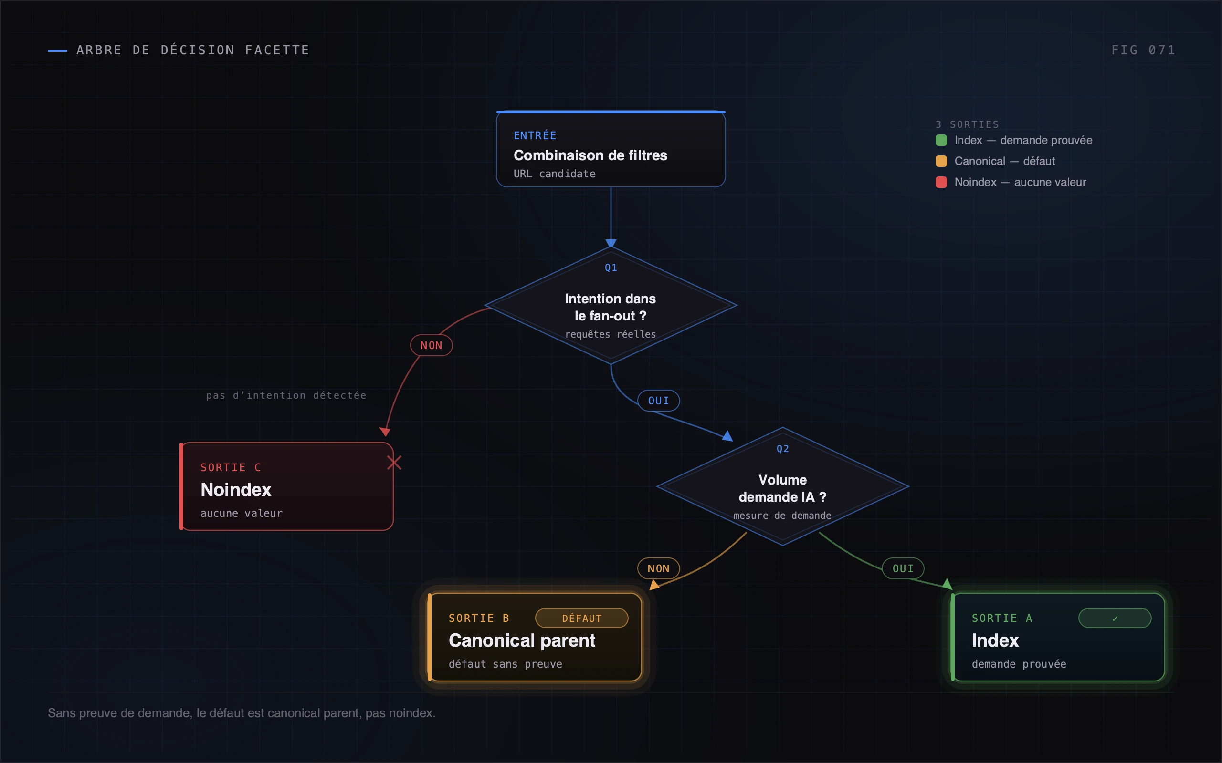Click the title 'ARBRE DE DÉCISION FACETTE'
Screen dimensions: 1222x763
coord(192,50)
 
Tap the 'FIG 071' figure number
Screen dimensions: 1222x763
coord(1143,50)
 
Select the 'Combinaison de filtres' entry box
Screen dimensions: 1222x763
coord(611,149)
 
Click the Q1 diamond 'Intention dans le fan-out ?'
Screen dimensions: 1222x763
coord(611,305)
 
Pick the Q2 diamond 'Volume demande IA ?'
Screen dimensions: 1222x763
coord(783,486)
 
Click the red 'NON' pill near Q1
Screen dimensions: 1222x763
coord(431,345)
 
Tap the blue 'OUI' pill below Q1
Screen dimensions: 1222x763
coord(658,401)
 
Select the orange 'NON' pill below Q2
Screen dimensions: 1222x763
coord(658,568)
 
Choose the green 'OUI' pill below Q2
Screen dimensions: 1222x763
coord(903,568)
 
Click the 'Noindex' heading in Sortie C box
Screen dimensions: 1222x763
coord(236,489)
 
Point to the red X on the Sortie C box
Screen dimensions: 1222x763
coord(394,462)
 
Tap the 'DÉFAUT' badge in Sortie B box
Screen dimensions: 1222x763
coord(582,618)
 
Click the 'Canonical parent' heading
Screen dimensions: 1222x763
coord(522,640)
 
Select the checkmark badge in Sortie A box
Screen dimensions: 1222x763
coord(1115,618)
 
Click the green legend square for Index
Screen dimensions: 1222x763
coord(941,140)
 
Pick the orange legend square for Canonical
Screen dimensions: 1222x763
coord(941,161)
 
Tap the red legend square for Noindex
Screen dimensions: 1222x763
coord(941,182)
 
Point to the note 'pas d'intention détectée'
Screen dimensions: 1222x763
coord(286,395)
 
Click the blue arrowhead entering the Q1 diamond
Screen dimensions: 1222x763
coord(611,243)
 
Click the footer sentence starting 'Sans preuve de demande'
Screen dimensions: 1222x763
coord(242,713)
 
